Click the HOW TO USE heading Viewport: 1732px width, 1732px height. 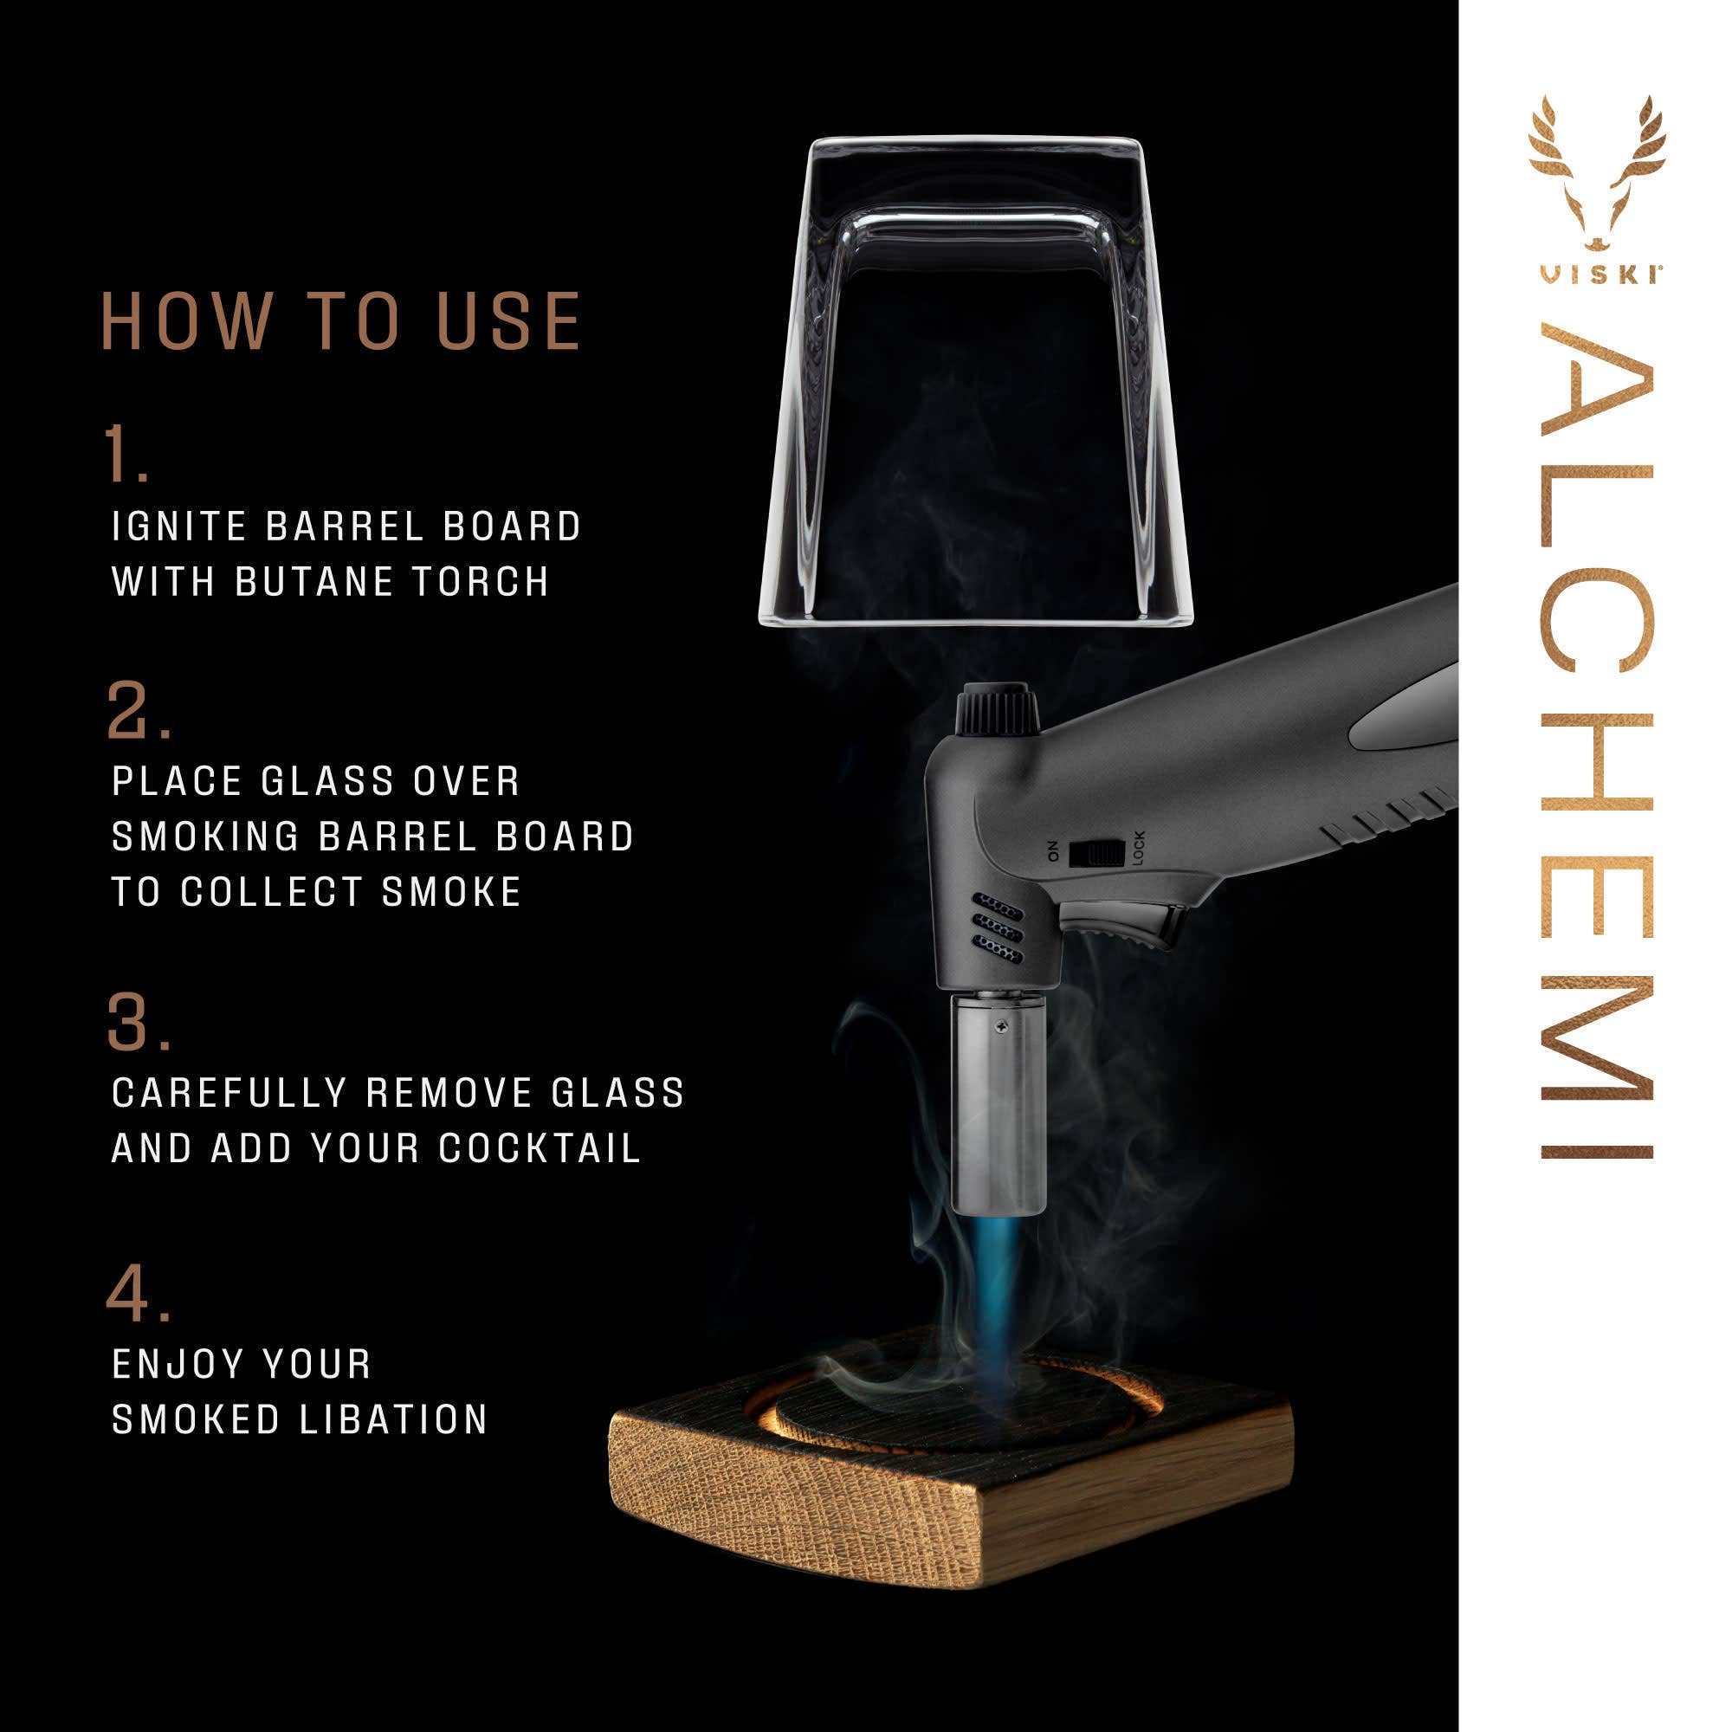click(x=340, y=320)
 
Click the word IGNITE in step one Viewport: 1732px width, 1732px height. click(x=178, y=527)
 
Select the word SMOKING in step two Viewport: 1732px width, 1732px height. click(x=205, y=837)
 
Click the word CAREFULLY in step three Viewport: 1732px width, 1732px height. click(x=229, y=1094)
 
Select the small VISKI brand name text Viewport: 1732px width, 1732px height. click(x=1597, y=275)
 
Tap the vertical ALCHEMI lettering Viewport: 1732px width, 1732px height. click(x=1596, y=744)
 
